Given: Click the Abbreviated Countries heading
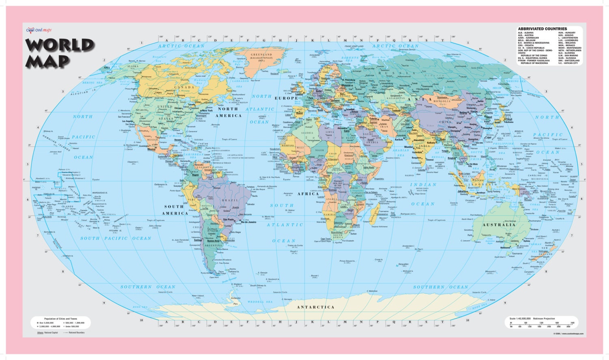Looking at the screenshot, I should (x=542, y=29).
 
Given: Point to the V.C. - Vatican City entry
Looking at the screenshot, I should (x=568, y=63).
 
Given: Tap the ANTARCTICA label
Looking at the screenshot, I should (x=315, y=307).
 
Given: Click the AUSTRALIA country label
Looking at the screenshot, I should (x=499, y=224).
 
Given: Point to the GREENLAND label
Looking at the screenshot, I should (x=261, y=54).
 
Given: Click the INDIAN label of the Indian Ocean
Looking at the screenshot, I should (x=423, y=185).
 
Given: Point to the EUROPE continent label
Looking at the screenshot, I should (x=286, y=98).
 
